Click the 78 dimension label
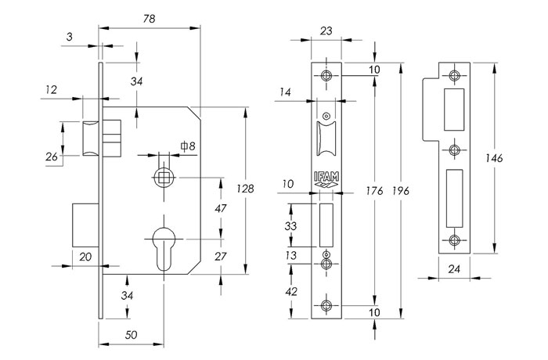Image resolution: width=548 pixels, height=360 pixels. pos(150,19)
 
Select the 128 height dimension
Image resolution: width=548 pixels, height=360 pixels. pos(245,189)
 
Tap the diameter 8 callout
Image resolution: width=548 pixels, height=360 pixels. pos(188,146)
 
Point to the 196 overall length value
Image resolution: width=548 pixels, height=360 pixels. pos(401,191)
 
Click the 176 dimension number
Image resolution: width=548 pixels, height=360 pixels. pos(375,191)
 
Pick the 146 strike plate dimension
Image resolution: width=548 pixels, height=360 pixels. pos(494,158)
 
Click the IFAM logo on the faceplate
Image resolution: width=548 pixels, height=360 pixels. pos(326,180)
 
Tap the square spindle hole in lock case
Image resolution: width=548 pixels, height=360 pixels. pos(164,178)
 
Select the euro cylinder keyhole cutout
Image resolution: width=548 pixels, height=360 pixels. pos(164,249)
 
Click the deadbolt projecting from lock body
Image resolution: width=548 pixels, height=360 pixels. pos(85,225)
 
